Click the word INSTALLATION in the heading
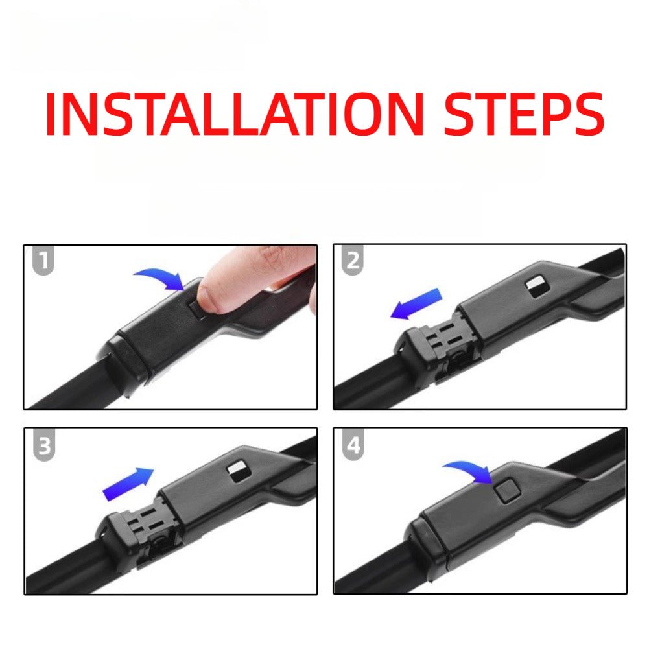click(x=235, y=114)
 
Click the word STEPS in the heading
click(x=525, y=114)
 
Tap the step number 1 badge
click(x=43, y=260)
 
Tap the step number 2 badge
click(x=353, y=260)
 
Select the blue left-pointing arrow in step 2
click(x=416, y=304)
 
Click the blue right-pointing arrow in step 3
click(x=128, y=484)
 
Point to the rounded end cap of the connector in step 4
click(x=427, y=542)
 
